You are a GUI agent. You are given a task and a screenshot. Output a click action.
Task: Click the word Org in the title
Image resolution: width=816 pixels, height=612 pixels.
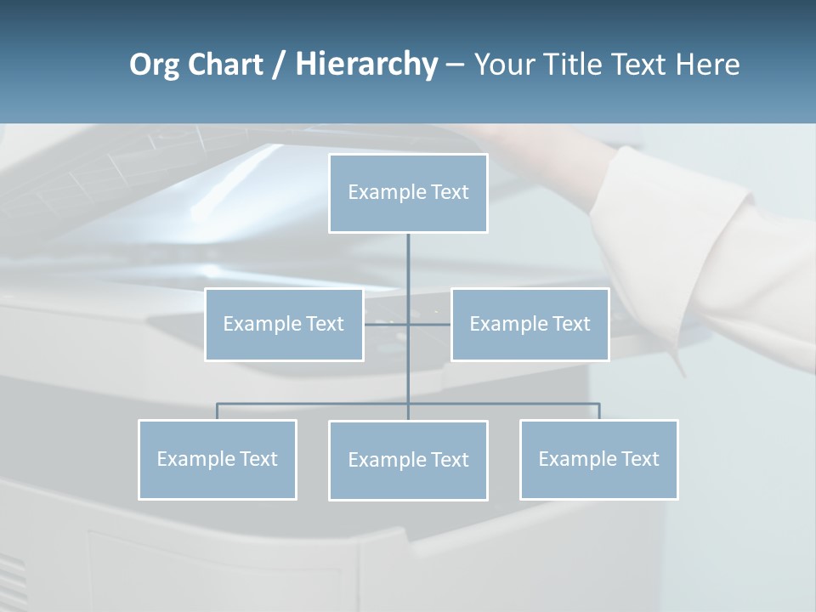coord(154,65)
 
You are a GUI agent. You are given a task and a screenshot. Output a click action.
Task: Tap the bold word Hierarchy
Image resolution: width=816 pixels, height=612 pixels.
coord(366,65)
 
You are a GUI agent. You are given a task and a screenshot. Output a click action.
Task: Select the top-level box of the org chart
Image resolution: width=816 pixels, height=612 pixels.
coord(408,193)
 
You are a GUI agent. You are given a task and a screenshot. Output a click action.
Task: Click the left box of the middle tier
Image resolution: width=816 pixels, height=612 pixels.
coord(284,324)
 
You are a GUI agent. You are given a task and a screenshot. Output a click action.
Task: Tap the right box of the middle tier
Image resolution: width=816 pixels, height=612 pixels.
coord(530,324)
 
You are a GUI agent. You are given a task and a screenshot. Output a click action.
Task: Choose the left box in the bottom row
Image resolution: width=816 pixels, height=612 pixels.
coord(217,460)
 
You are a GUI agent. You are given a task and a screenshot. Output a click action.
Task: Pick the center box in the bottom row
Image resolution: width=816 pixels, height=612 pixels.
coord(408,461)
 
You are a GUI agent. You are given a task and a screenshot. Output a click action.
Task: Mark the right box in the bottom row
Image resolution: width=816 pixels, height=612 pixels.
coord(598,460)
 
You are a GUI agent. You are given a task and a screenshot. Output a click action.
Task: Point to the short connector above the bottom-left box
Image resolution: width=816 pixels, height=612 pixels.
coord(217,411)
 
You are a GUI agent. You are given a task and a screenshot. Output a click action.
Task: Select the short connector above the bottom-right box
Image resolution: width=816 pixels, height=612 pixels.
coord(599,411)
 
